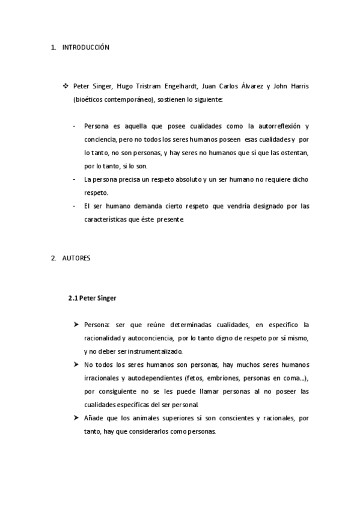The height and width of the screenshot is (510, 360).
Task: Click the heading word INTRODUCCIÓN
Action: (x=86, y=47)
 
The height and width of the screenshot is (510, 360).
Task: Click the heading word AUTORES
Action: (x=76, y=258)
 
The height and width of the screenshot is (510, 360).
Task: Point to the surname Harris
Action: (x=297, y=87)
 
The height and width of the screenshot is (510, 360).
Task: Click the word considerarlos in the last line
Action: (x=160, y=431)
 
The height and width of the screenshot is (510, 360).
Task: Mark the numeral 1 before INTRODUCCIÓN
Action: (x=53, y=47)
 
